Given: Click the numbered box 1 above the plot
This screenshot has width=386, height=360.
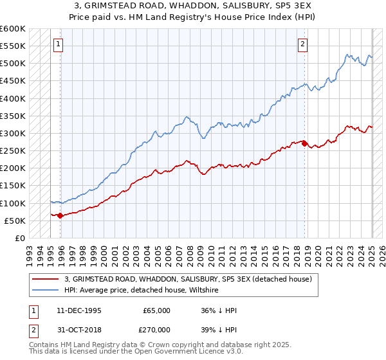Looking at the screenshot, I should (x=58, y=44).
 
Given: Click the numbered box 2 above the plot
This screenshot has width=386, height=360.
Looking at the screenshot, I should (x=302, y=44).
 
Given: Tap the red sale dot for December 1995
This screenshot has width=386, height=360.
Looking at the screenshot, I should (x=60, y=216).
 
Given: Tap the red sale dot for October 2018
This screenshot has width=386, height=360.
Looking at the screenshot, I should (x=305, y=144).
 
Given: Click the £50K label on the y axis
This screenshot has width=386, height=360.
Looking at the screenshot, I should (x=15, y=221).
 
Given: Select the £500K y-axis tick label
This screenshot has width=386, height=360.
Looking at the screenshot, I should (x=13, y=64).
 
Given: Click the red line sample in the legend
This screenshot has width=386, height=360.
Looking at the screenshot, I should (x=45, y=279).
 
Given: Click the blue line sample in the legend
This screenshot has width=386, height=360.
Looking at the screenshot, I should (x=45, y=291).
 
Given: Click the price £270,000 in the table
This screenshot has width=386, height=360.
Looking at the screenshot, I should (x=156, y=330).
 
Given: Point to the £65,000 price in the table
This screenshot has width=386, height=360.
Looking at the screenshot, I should (x=156, y=310).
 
